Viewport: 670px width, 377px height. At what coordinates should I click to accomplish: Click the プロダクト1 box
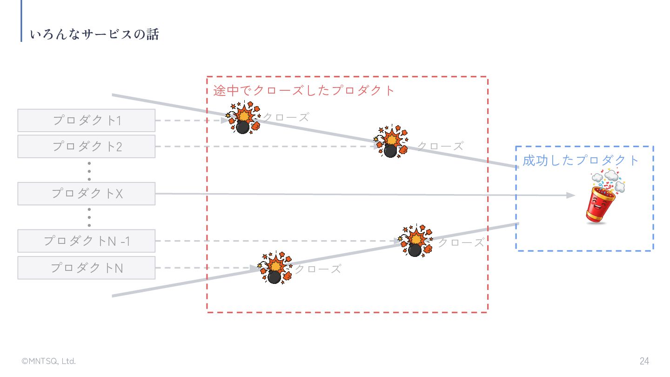[87, 121]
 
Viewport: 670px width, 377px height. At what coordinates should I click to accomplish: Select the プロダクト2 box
[87, 147]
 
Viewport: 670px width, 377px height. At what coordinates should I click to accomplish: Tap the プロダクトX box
[87, 194]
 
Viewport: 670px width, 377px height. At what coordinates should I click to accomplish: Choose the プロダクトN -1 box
[87, 241]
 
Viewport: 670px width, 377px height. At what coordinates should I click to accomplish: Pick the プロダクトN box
[87, 268]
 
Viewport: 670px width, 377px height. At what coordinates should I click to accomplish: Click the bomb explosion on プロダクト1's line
[243, 118]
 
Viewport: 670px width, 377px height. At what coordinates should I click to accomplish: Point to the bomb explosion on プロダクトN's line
[275, 268]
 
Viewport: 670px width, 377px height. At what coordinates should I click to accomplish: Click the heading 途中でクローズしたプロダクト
[304, 90]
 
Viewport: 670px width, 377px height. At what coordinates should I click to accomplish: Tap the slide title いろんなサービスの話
[94, 34]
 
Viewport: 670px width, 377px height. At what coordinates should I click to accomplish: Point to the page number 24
[644, 361]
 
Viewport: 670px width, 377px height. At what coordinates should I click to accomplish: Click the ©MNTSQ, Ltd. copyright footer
[49, 361]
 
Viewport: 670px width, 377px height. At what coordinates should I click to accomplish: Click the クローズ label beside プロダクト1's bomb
[286, 117]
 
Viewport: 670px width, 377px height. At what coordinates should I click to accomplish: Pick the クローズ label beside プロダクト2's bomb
[440, 146]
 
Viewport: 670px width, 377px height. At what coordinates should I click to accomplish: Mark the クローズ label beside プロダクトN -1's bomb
[461, 242]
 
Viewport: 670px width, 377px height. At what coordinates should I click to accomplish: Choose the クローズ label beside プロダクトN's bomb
[318, 269]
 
